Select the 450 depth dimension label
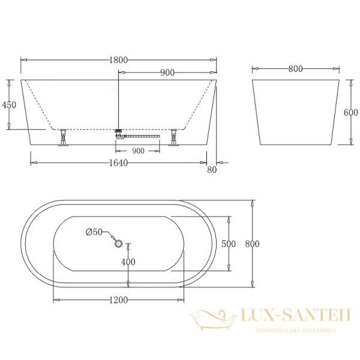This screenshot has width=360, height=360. pos(9,104)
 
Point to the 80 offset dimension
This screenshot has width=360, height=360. pos(211,170)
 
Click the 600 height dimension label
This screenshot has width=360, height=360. pos(351,112)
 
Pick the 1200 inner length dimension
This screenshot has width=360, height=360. pos(119,300)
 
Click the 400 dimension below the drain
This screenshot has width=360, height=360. pos(128,262)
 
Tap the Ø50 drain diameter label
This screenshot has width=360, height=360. pos(94,232)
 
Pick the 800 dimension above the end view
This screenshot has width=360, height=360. pos(295,69)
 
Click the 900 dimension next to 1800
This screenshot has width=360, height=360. pos(167,73)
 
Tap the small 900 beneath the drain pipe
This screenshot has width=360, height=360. pos(138,151)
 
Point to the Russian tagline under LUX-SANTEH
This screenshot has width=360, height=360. pos(295,331)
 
